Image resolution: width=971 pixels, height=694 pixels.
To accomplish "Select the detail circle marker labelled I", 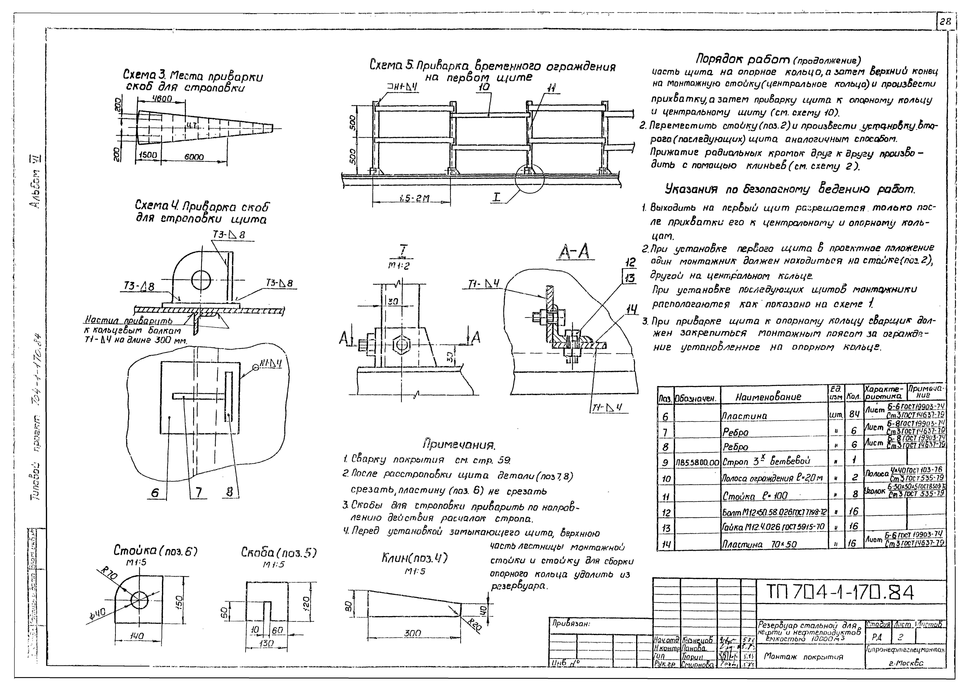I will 529,179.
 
